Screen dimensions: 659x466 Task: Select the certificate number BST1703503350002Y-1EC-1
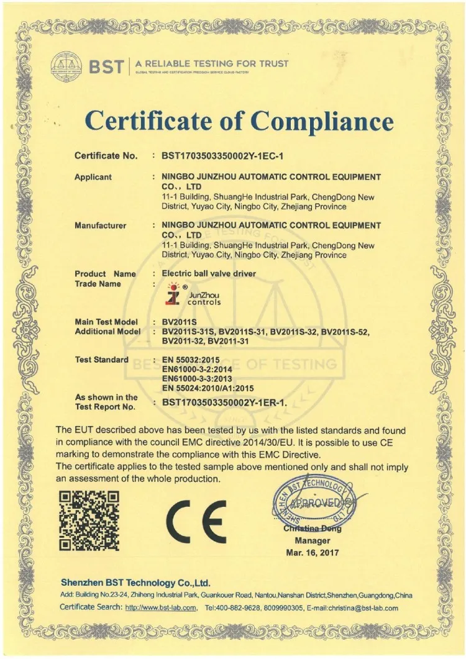point(226,156)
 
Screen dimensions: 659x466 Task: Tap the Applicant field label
point(93,177)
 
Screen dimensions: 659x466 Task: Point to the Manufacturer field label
point(101,225)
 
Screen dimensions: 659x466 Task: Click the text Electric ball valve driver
point(209,273)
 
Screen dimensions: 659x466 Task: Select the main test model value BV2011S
point(180,322)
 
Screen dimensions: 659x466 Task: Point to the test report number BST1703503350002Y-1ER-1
point(224,402)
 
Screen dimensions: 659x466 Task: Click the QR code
point(88,520)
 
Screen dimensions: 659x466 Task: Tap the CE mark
point(196,520)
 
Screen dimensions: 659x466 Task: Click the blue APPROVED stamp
point(315,502)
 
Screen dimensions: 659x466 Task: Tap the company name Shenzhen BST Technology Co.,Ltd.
point(135,583)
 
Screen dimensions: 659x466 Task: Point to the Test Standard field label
point(102,360)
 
